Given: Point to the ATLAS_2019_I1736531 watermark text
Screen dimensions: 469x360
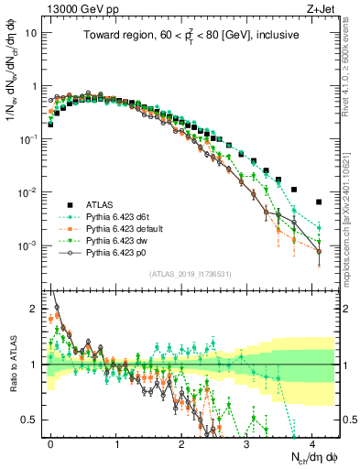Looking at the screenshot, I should pos(190,274).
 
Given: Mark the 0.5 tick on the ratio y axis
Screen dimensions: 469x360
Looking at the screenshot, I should pos(32,420).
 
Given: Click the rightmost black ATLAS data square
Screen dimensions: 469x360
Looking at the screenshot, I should pos(319,202).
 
